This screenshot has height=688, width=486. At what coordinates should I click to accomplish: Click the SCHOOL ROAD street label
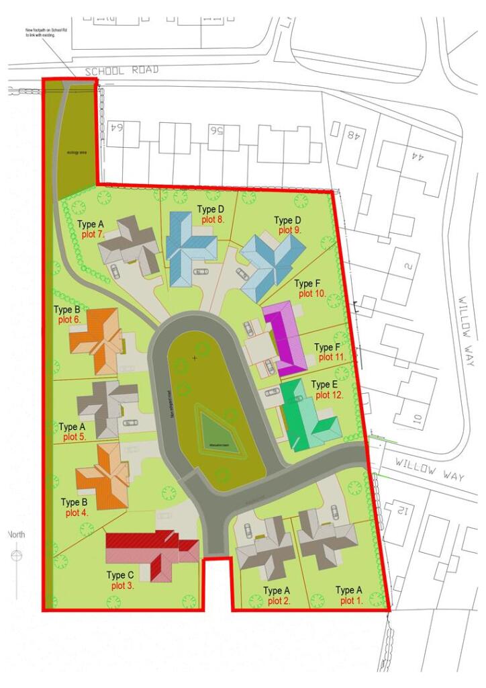pyautogui.click(x=122, y=70)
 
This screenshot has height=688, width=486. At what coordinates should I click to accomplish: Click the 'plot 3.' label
pyautogui.click(x=121, y=586)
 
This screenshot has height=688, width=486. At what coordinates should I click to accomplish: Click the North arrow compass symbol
pyautogui.click(x=17, y=556)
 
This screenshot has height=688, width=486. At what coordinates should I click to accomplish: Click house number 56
pyautogui.click(x=215, y=130)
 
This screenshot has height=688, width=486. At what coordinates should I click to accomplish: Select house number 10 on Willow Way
pyautogui.click(x=416, y=421)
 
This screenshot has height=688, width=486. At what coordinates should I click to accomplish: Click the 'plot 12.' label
pyautogui.click(x=330, y=395)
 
